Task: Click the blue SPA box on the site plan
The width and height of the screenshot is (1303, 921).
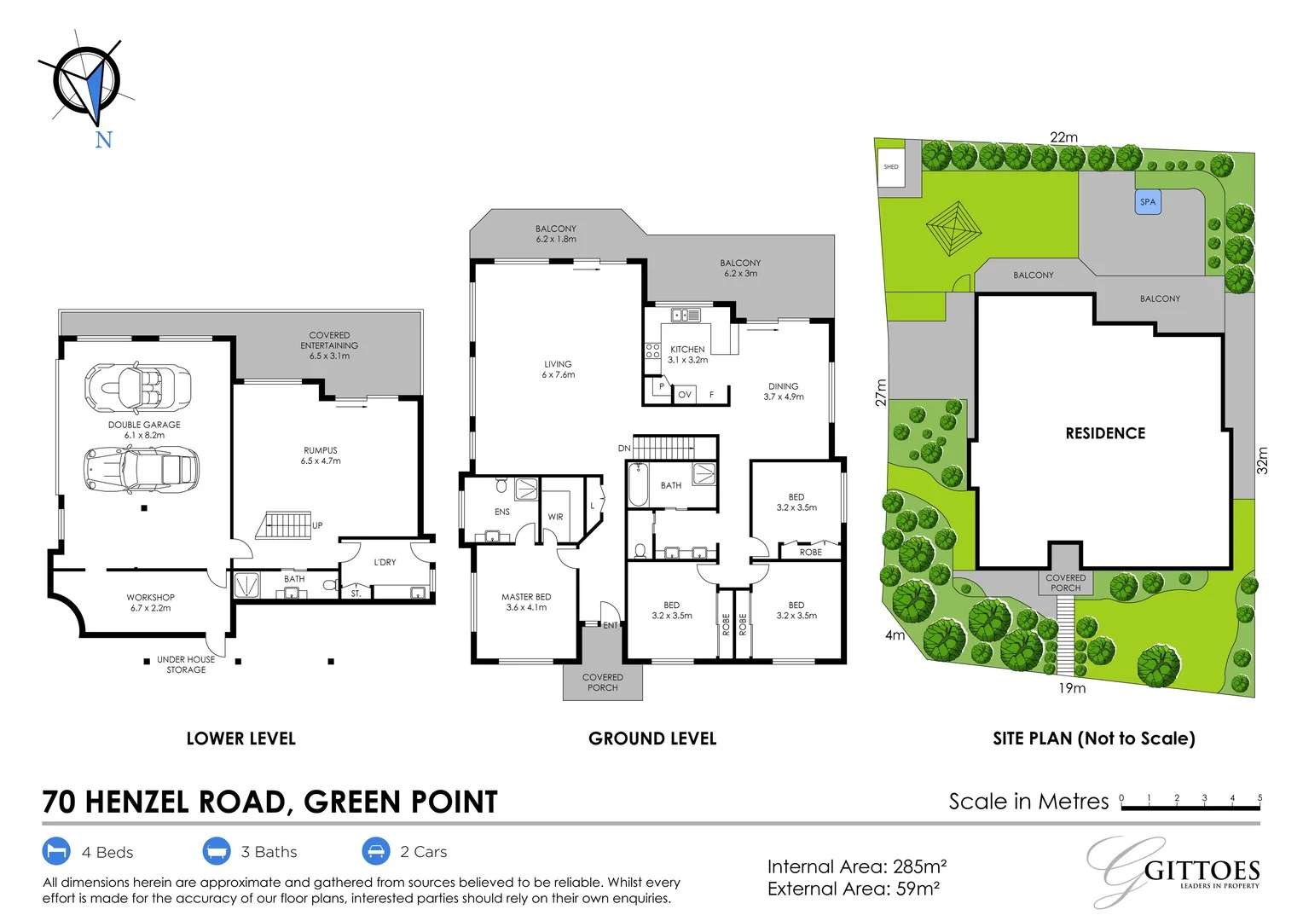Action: click(1148, 202)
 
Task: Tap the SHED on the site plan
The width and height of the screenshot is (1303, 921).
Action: click(891, 167)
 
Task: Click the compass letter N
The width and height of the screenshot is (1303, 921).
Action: click(103, 140)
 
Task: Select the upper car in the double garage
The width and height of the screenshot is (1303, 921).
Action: click(138, 386)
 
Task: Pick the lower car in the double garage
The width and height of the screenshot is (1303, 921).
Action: click(142, 469)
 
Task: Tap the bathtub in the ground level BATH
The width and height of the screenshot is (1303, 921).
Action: click(638, 484)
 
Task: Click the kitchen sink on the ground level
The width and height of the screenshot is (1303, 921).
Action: click(686, 316)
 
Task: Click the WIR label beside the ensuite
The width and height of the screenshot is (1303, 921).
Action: click(555, 517)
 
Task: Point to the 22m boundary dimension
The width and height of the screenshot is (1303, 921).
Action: click(1063, 137)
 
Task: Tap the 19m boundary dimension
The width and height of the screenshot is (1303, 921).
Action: click(1072, 688)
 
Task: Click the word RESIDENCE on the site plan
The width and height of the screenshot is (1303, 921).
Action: click(1105, 433)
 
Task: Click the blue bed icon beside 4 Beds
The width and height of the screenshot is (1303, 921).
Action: click(56, 851)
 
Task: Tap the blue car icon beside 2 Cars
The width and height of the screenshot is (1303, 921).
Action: click(376, 851)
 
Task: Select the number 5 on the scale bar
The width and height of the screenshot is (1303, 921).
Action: click(1260, 798)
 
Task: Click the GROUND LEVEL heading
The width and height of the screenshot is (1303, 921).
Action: click(652, 739)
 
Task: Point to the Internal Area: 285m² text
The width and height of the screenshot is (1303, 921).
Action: click(857, 866)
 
